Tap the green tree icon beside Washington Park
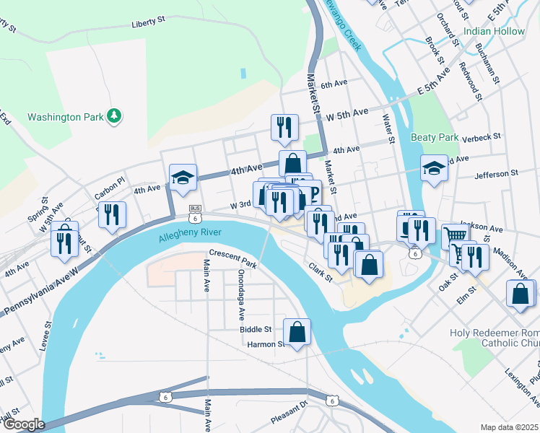pyautogui.click(x=113, y=115)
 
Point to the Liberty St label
pyautogui.click(x=149, y=24)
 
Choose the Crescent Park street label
pyautogui.click(x=233, y=258)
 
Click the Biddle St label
pyautogui.click(x=256, y=329)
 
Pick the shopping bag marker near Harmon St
pyautogui.click(x=297, y=332)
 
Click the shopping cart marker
pyautogui.click(x=455, y=235)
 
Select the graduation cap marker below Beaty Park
pyautogui.click(x=434, y=169)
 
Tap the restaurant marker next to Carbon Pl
pyautogui.click(x=112, y=214)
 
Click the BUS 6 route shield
pyautogui.click(x=195, y=212)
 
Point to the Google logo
pyautogui.click(x=24, y=424)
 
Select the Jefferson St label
pyautogui.click(x=497, y=175)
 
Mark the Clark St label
pyautogui.click(x=320, y=272)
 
